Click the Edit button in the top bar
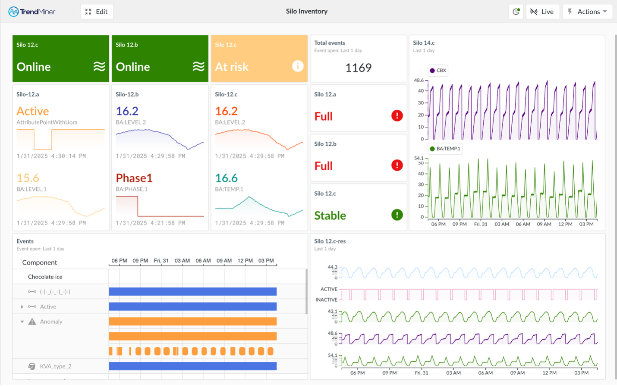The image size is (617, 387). tap(97, 12)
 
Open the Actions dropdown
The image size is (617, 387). tap(587, 12)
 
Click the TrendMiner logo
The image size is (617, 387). tap(32, 12)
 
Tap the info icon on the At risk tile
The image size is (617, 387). tap(298, 66)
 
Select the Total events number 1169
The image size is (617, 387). tap(358, 68)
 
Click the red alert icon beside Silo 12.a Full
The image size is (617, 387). tap(397, 115)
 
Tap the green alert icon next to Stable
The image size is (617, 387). tap(397, 215)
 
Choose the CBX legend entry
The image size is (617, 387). tap(438, 70)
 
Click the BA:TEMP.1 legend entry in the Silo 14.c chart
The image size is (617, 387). tap(445, 149)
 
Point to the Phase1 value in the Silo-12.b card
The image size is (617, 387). tap(134, 178)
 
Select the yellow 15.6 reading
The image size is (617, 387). tap(28, 178)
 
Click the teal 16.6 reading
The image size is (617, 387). tap(226, 178)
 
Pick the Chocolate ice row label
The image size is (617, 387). tap(45, 277)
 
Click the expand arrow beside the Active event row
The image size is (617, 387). tap(22, 307)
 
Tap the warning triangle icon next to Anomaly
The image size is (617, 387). tap(32, 321)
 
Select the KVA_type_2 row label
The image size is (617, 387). tap(56, 366)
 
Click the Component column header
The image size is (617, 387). tap(40, 262)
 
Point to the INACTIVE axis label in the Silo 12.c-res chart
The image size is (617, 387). tap(326, 300)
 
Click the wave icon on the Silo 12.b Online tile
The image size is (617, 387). tap(198, 66)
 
